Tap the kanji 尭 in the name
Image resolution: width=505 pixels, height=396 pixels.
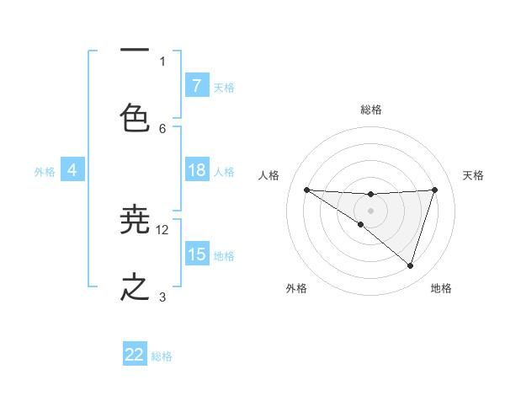pyautogui.click(x=135, y=222)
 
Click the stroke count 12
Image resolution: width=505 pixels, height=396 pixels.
pyautogui.click(x=162, y=229)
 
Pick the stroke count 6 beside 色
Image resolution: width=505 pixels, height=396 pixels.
pyautogui.click(x=162, y=128)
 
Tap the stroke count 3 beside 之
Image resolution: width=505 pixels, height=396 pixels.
pyautogui.click(x=162, y=297)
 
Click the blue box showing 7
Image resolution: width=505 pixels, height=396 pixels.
pyautogui.click(x=196, y=85)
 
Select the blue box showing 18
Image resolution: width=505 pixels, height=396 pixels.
pyautogui.click(x=196, y=170)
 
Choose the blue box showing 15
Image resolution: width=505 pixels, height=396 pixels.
pyautogui.click(x=196, y=254)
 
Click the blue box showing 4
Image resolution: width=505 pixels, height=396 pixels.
pyautogui.click(x=72, y=170)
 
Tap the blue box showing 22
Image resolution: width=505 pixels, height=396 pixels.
pyautogui.click(x=135, y=355)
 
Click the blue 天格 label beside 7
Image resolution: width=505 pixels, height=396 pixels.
pyautogui.click(x=223, y=87)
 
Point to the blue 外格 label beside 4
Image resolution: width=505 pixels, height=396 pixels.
pyautogui.click(x=45, y=172)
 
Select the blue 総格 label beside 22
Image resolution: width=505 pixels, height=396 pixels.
pyautogui.click(x=162, y=356)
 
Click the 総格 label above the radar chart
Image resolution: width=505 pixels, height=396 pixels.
pyautogui.click(x=370, y=110)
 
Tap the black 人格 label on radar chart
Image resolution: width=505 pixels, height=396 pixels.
pyautogui.click(x=269, y=175)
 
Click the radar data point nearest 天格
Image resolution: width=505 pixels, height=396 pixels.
pyautogui.click(x=434, y=190)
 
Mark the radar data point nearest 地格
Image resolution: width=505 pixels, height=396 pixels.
pyautogui.click(x=410, y=266)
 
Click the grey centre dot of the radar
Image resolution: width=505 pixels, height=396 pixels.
pyautogui.click(x=370, y=210)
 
